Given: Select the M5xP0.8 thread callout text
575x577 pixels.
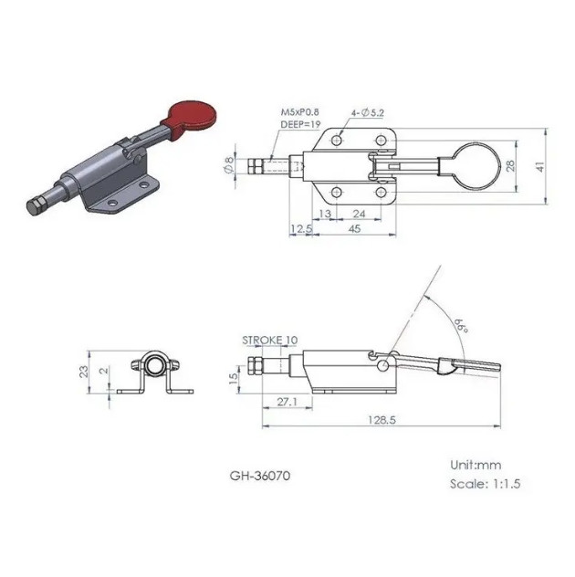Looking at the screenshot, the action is pyautogui.click(x=300, y=112).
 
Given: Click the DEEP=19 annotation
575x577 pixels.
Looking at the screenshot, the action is pyautogui.click(x=300, y=124).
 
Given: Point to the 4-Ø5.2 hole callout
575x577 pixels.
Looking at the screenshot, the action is pyautogui.click(x=367, y=113).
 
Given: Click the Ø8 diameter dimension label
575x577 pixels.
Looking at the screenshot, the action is pyautogui.click(x=228, y=164).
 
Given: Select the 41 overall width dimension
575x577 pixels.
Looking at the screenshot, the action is pyautogui.click(x=540, y=166).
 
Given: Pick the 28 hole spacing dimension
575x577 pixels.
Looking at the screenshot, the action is pyautogui.click(x=511, y=166).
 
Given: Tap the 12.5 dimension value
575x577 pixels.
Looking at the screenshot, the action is pyautogui.click(x=301, y=229).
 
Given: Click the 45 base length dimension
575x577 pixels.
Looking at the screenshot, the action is pyautogui.click(x=354, y=228).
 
